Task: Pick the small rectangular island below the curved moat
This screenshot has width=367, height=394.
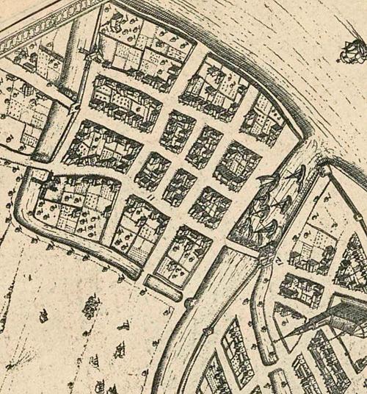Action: tap(162, 287)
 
